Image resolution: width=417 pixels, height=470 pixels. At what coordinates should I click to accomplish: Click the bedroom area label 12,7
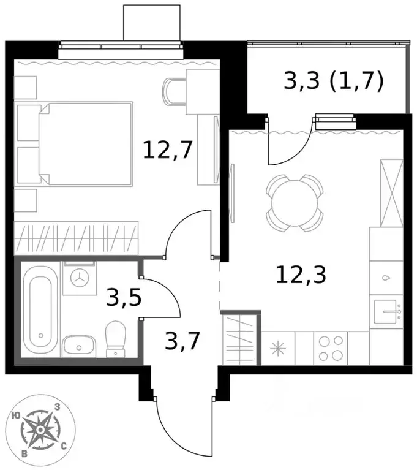click(167, 150)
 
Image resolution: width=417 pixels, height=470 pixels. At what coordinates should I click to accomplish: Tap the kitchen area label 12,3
click(301, 275)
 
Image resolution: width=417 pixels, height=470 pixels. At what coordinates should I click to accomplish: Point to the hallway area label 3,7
click(182, 341)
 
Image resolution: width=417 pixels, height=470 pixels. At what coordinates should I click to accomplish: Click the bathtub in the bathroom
click(41, 310)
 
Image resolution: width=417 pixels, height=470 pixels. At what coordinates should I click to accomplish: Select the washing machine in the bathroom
click(80, 278)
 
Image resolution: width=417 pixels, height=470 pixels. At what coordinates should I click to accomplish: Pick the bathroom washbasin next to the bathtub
click(79, 346)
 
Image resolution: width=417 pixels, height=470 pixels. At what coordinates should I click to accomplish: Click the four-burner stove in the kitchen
click(331, 348)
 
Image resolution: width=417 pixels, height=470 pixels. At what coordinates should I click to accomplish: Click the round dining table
click(295, 203)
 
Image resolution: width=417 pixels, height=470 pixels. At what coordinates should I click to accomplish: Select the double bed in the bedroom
click(86, 144)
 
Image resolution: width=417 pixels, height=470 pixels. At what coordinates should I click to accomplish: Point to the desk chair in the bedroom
click(175, 91)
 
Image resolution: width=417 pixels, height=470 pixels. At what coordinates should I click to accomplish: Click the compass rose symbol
click(40, 430)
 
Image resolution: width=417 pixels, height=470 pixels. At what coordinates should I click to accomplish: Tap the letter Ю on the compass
click(16, 415)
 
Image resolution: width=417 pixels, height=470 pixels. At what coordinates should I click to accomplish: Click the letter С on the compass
click(64, 447)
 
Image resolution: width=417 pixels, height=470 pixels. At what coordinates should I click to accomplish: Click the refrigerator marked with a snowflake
click(278, 348)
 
